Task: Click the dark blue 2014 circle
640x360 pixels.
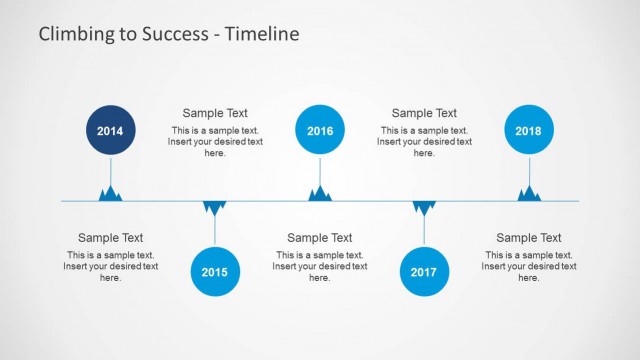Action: [x=110, y=131]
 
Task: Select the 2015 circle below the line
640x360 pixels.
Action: [x=215, y=271]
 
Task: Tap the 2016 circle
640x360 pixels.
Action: [x=320, y=131]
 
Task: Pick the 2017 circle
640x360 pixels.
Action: [x=424, y=271]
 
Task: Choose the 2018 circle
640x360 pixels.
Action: [x=529, y=131]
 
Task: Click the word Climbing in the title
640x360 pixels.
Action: [x=76, y=35]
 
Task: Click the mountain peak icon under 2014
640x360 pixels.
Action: [x=110, y=194]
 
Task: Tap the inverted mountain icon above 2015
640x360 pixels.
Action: [x=215, y=207]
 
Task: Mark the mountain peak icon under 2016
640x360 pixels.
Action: [x=320, y=194]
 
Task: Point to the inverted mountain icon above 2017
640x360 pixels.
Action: [x=424, y=207]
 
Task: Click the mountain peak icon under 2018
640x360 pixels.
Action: [x=529, y=194]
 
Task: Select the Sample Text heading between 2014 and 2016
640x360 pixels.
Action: [x=215, y=113]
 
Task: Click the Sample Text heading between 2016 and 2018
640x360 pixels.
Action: [x=424, y=113]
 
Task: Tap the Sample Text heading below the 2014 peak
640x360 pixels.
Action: [x=110, y=238]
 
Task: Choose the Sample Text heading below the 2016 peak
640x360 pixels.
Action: [x=320, y=238]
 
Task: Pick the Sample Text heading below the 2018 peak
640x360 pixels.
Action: [x=529, y=238]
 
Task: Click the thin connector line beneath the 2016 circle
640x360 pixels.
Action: [x=320, y=170]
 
